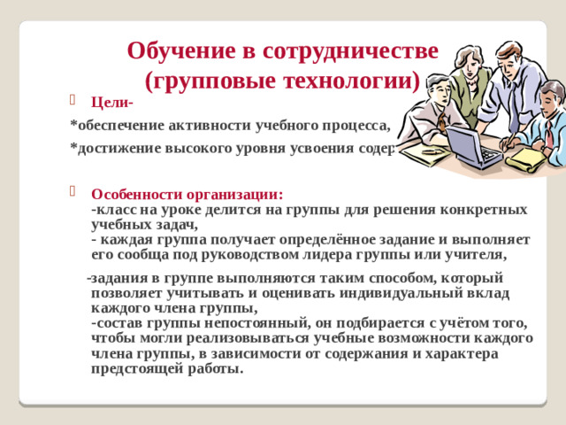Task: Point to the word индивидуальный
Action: pyautogui.click(x=387, y=292)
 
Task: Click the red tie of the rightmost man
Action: pyautogui.click(x=549, y=133)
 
